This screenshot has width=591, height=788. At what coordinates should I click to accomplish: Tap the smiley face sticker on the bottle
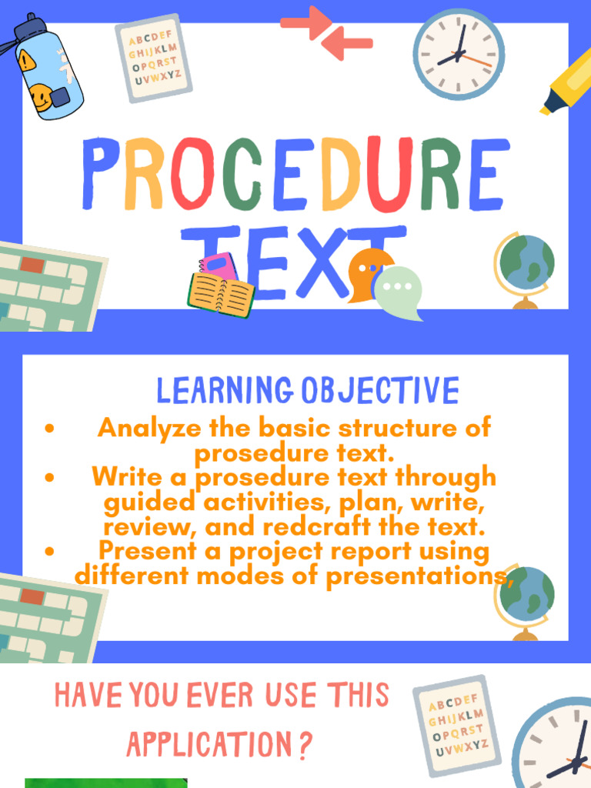[40, 97]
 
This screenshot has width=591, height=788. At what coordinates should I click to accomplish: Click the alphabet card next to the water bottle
[153, 58]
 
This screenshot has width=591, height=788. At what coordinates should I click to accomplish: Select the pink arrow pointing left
[348, 45]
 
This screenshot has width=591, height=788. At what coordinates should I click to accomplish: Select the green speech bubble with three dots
[398, 291]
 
